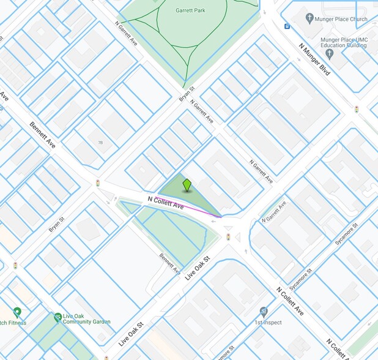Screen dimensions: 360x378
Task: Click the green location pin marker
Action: (x=187, y=185)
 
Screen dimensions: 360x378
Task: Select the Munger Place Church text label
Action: (x=340, y=19)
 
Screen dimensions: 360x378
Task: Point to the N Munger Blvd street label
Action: (x=314, y=59)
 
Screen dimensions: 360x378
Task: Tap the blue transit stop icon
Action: (x=286, y=26)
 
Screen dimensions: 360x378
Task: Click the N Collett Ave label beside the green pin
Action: (x=166, y=203)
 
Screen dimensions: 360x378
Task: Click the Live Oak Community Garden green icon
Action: (x=57, y=317)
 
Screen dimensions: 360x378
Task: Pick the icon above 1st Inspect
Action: (x=264, y=311)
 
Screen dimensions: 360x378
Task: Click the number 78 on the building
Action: (x=100, y=143)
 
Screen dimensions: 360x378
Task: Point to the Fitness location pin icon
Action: (x=17, y=312)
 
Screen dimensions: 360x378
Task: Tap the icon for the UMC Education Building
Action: (x=330, y=54)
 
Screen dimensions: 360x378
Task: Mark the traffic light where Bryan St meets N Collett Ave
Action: (x=97, y=183)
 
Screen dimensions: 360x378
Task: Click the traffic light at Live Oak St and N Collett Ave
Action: (x=228, y=237)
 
